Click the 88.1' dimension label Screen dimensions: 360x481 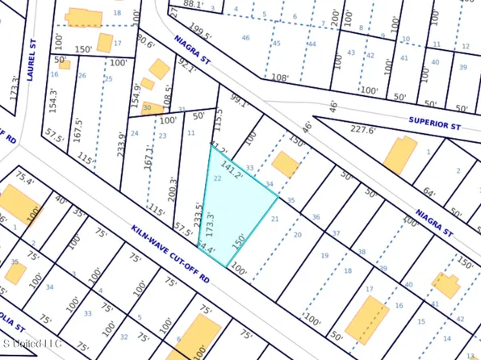pyautogui.click(x=194, y=4)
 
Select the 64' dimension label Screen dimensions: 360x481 pyautogui.click(x=430, y=194)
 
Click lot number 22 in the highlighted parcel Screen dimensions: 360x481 pyautogui.click(x=219, y=178)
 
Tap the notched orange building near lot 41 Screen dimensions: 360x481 pyautogui.click(x=447, y=285)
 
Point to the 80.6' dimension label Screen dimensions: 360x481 pyautogui.click(x=145, y=40)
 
